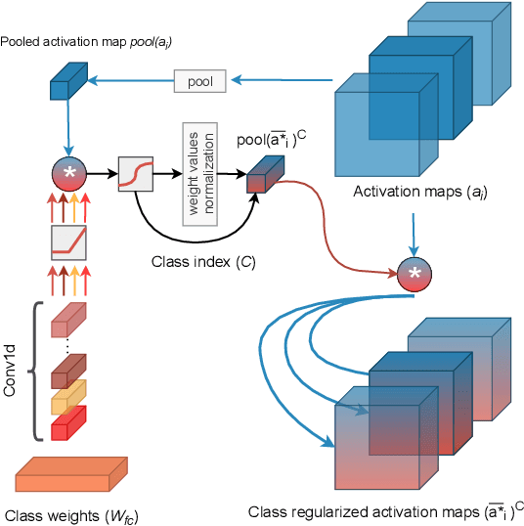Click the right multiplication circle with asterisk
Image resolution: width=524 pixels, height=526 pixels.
point(415,274)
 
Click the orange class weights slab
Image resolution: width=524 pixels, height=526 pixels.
point(71,477)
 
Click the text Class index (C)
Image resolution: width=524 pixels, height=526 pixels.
point(204,262)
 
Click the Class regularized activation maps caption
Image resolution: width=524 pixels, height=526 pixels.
point(385,510)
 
